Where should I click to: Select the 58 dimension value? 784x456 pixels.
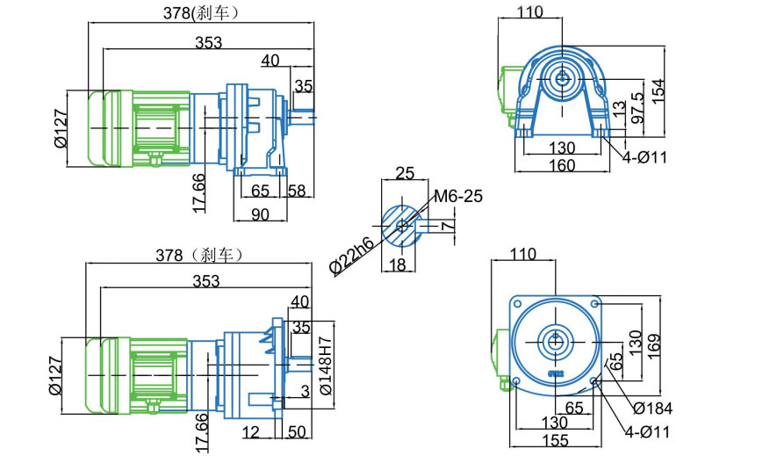click(297, 190)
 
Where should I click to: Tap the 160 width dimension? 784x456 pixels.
click(562, 165)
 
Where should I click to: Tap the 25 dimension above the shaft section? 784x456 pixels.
click(405, 172)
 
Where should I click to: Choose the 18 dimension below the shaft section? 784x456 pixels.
click(399, 264)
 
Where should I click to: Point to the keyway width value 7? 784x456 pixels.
click(448, 226)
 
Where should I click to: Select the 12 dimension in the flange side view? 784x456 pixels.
click(253, 431)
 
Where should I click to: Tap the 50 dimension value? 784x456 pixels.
click(297, 431)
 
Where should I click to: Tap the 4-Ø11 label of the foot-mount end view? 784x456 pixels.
click(645, 157)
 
